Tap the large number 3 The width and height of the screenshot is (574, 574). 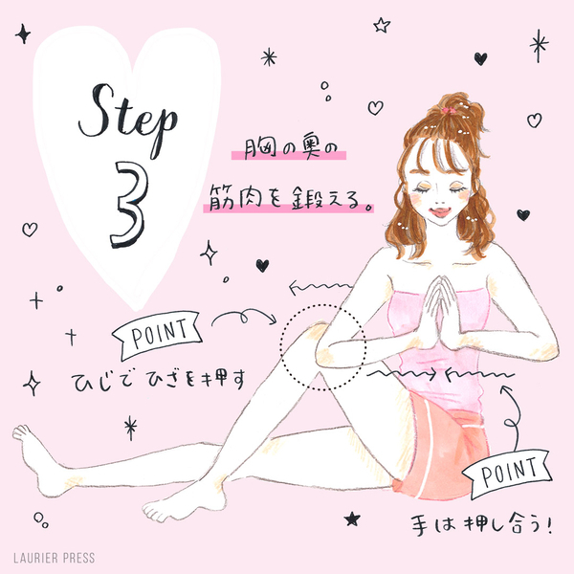pyautogui.click(x=130, y=205)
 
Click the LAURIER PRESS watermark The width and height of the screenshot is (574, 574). pyautogui.click(x=55, y=558)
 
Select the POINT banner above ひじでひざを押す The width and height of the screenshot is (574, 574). pyautogui.click(x=158, y=335)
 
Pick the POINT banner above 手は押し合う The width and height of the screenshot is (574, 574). pyautogui.click(x=508, y=475)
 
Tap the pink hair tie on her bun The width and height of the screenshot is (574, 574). pyautogui.click(x=448, y=111)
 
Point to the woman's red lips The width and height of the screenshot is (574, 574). pyautogui.click(x=440, y=212)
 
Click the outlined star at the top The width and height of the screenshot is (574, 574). pyautogui.click(x=382, y=26)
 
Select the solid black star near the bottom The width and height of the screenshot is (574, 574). pyautogui.click(x=352, y=519)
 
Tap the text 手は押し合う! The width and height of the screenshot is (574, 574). pyautogui.click(x=480, y=526)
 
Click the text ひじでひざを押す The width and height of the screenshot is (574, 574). pyautogui.click(x=158, y=382)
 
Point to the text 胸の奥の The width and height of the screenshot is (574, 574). pyautogui.click(x=289, y=149)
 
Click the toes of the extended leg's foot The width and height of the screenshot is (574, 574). pyautogui.click(x=21, y=432)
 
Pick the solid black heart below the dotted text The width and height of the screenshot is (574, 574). pyautogui.click(x=262, y=265)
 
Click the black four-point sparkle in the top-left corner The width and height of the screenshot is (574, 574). pyautogui.click(x=23, y=34)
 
